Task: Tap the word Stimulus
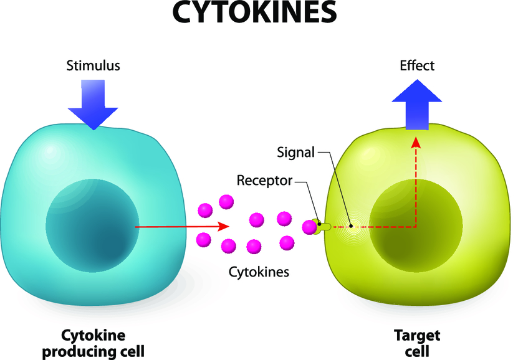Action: (94, 65)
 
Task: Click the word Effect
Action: (417, 65)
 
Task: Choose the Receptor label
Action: (264, 181)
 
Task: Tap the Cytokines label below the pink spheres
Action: (259, 272)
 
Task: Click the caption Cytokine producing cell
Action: (94, 343)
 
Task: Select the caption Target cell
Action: (417, 343)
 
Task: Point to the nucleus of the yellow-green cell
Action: (416, 225)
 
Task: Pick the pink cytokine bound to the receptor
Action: (309, 227)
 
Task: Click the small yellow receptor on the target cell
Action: (324, 227)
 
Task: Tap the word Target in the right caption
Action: (417, 336)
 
